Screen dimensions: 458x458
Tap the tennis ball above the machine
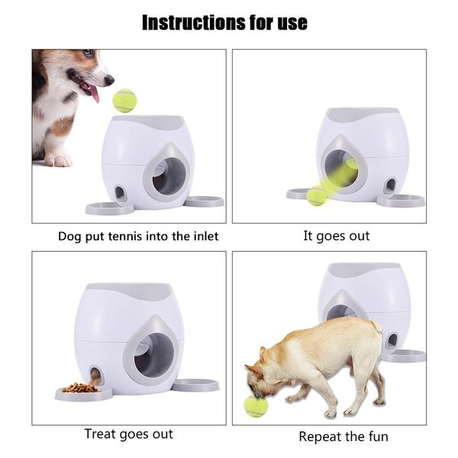[x=124, y=101]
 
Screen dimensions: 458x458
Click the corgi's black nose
[x=109, y=79]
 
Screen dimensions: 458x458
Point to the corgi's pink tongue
[x=93, y=94]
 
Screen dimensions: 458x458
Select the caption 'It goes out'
[x=336, y=236]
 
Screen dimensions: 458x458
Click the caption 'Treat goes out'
[x=128, y=434]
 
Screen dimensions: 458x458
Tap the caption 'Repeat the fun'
[x=343, y=437]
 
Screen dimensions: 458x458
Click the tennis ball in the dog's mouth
[x=256, y=406]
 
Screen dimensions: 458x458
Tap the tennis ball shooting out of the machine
[x=317, y=195]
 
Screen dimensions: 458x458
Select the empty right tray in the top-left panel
[x=204, y=202]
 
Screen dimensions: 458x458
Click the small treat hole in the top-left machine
[x=121, y=193]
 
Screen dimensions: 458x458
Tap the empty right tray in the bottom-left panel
[x=195, y=385]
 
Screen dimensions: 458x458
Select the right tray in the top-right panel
[x=400, y=201]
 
